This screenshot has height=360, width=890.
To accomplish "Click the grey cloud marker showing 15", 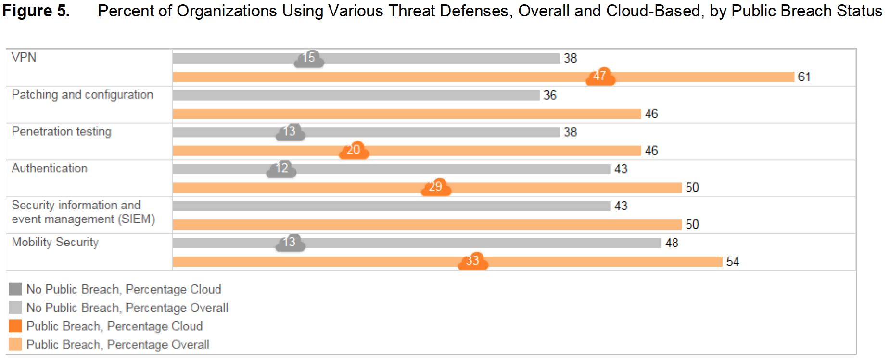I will click(x=309, y=58).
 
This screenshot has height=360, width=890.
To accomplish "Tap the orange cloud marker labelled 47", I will click(x=600, y=77).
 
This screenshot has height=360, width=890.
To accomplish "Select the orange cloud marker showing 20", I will click(x=354, y=150).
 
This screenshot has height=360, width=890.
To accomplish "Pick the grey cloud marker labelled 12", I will click(x=281, y=169).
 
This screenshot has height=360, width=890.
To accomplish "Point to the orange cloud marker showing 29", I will click(x=436, y=187).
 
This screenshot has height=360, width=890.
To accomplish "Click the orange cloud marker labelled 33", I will click(x=473, y=261).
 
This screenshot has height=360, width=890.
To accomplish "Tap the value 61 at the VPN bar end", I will click(x=804, y=77).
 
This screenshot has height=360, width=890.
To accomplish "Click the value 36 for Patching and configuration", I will click(x=550, y=95).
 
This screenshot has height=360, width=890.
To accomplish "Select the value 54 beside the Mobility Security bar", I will click(x=733, y=261).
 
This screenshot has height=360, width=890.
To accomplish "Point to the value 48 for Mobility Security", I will click(x=672, y=243).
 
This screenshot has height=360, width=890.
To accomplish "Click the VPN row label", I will click(x=24, y=57).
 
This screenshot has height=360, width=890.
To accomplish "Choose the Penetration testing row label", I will click(x=61, y=131).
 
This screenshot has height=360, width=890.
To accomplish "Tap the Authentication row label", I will click(x=49, y=168).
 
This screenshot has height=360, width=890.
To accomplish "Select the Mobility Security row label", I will click(x=55, y=242).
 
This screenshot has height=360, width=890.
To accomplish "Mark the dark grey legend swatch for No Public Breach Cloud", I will click(x=15, y=289).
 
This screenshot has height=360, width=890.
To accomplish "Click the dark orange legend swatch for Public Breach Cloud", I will click(x=15, y=326).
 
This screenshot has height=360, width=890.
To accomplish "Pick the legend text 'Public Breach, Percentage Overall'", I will click(x=118, y=345).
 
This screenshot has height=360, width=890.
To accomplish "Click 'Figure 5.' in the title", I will click(x=36, y=11).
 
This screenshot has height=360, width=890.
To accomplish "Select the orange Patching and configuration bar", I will click(x=407, y=114).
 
